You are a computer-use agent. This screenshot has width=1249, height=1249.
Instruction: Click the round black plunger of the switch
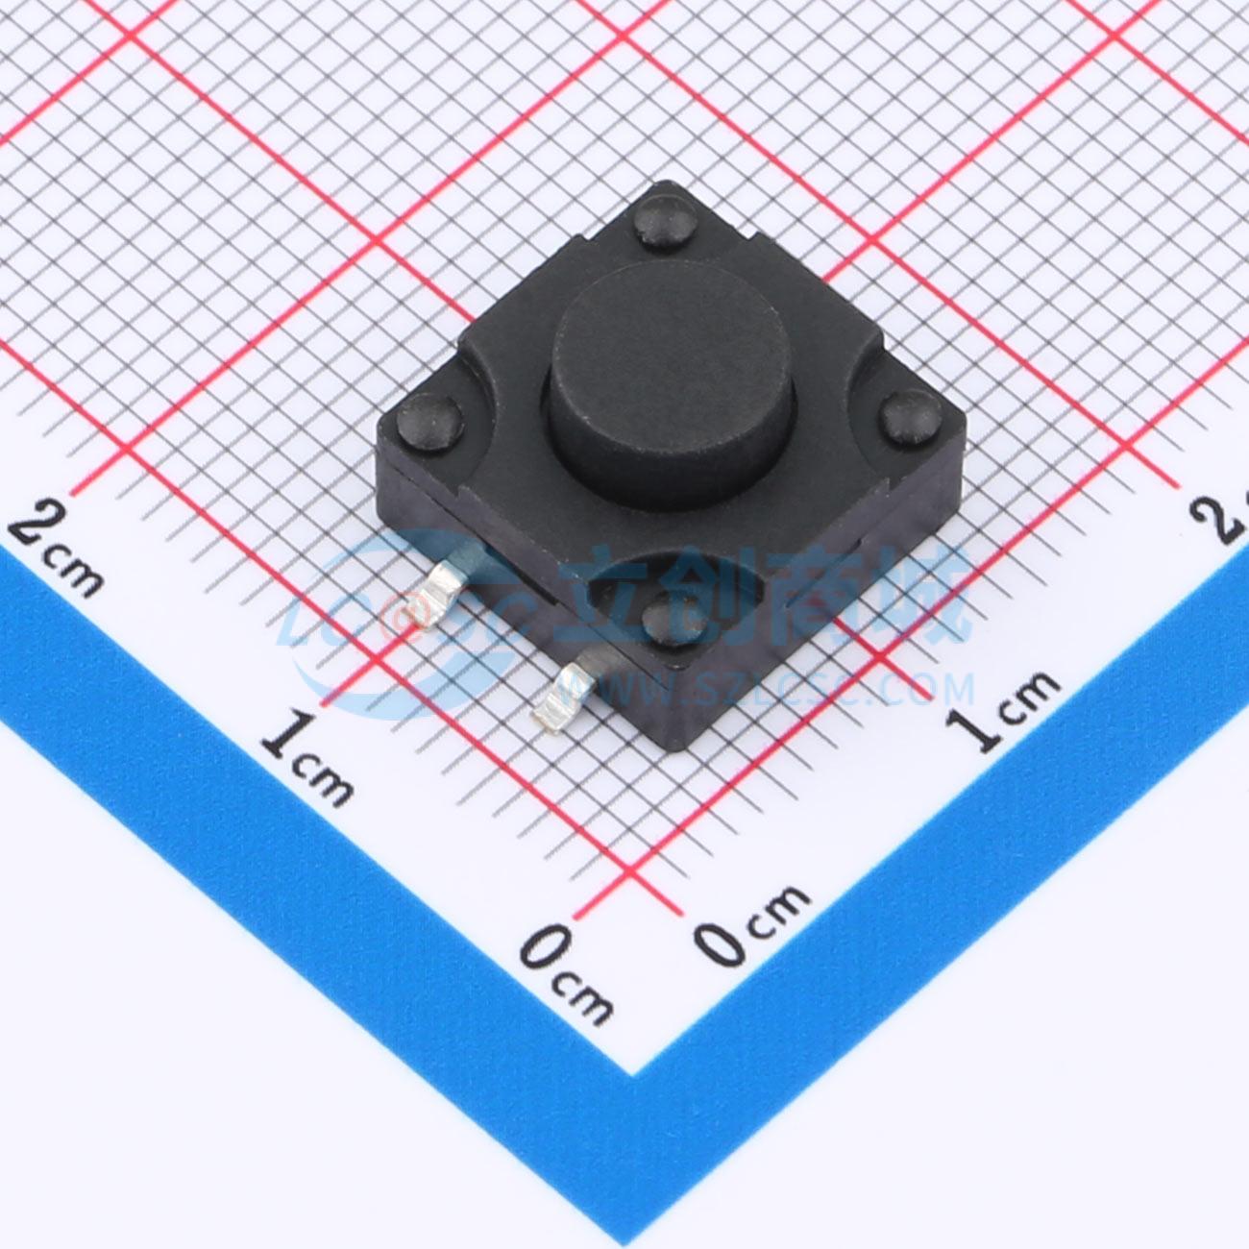tap(671, 383)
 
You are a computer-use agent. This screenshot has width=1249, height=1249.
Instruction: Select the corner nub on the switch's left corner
tap(429, 423)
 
